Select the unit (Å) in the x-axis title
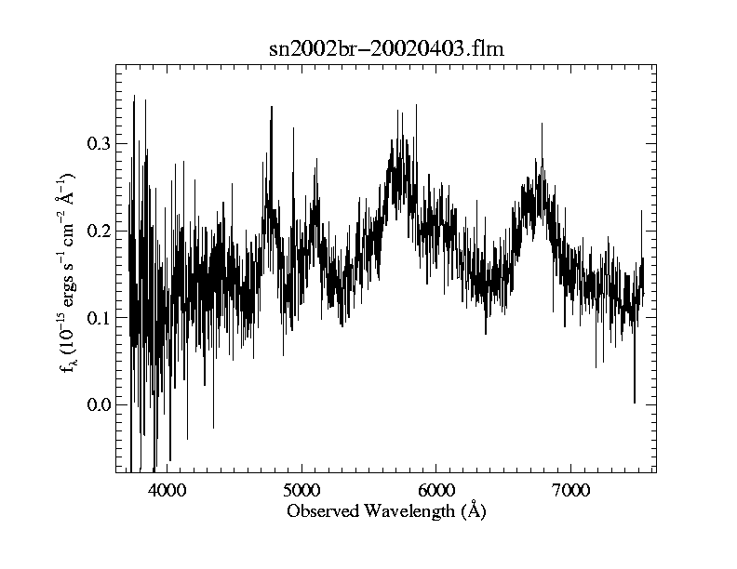coord(474,511)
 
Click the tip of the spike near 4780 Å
coord(272,106)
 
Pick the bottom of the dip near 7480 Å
coord(635,403)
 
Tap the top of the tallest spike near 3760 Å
coord(134,95)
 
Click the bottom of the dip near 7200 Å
coord(596,366)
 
